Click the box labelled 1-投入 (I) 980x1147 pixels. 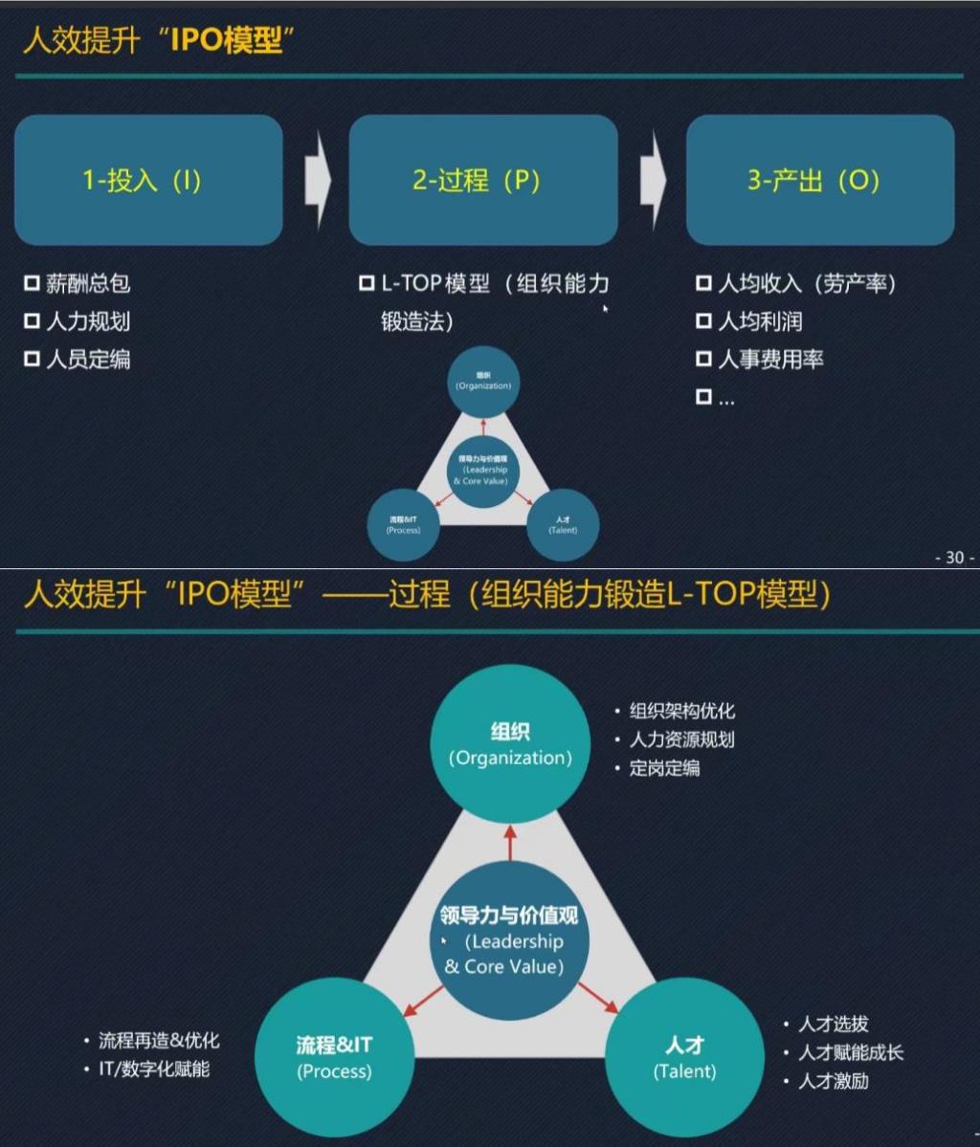(x=148, y=180)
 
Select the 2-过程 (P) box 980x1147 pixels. (x=482, y=180)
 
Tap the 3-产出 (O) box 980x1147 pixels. (x=820, y=180)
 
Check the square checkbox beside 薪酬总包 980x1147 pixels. (x=32, y=283)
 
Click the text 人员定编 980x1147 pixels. (x=88, y=360)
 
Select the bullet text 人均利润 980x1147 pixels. (x=760, y=321)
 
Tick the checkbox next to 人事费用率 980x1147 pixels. (x=704, y=360)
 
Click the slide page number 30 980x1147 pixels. (x=954, y=557)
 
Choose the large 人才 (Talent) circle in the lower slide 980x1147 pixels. (x=684, y=1057)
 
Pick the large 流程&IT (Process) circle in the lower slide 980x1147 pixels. (x=334, y=1057)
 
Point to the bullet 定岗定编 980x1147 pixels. (x=664, y=768)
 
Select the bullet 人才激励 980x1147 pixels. (x=834, y=1082)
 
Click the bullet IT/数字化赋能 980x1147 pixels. (x=154, y=1069)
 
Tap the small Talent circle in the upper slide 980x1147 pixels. (x=563, y=524)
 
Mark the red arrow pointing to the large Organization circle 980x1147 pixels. (x=509, y=842)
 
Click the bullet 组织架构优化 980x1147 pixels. (x=682, y=711)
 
